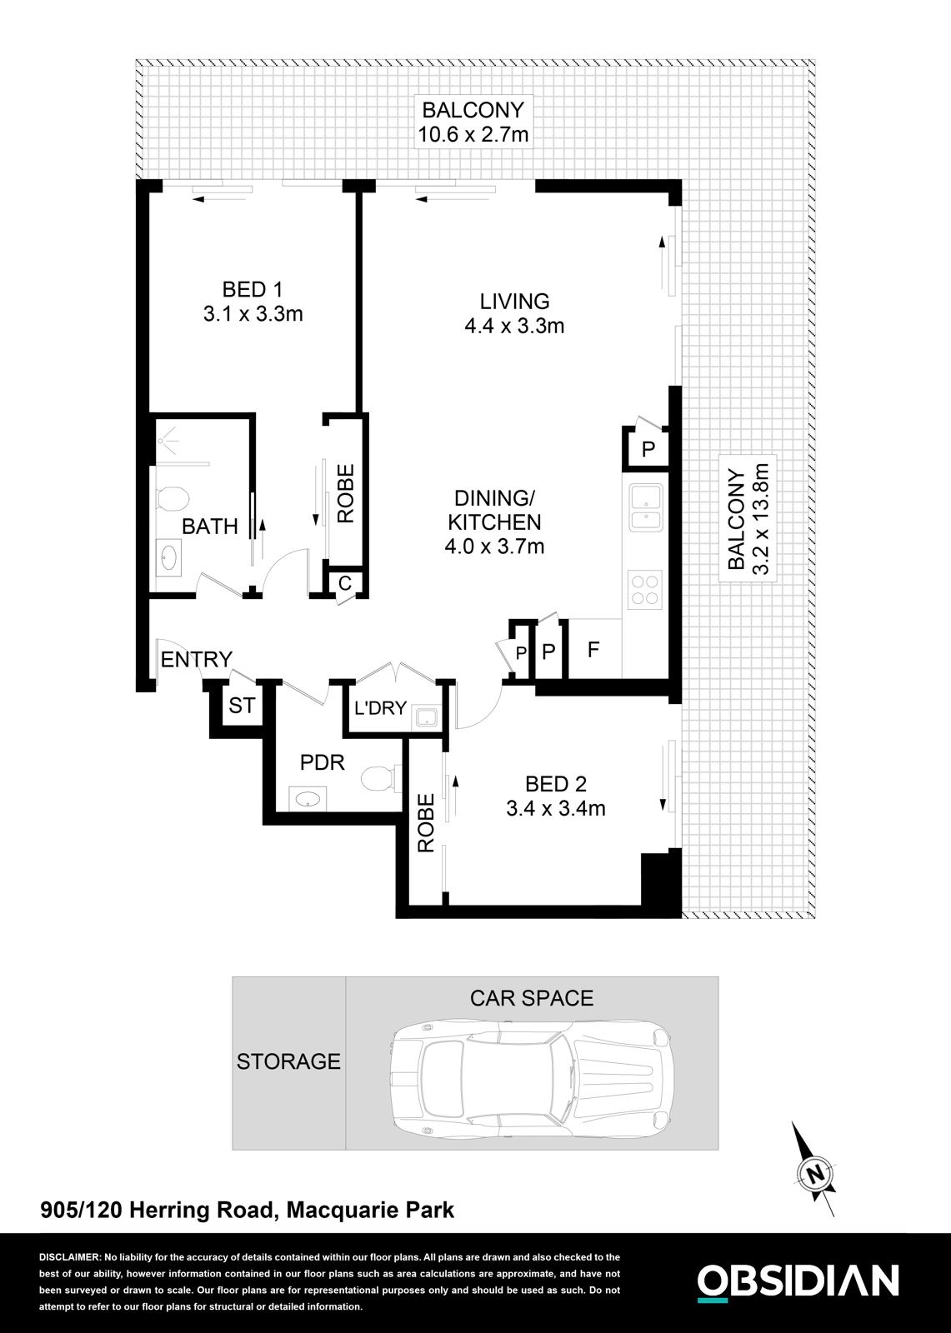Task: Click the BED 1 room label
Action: tap(252, 290)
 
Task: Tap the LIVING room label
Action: tap(514, 301)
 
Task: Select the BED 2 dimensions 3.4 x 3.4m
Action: tap(555, 808)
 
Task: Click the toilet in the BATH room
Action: tap(173, 498)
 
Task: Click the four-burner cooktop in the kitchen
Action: tap(644, 589)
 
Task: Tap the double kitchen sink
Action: tap(644, 509)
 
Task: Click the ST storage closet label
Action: tap(242, 706)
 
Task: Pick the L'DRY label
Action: tap(380, 709)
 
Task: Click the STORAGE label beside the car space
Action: tap(288, 1061)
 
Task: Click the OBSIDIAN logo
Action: tap(798, 1281)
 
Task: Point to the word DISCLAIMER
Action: tap(69, 1257)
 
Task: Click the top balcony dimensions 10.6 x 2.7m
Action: tap(473, 134)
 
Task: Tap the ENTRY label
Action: tap(196, 660)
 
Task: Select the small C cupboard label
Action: tap(344, 583)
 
